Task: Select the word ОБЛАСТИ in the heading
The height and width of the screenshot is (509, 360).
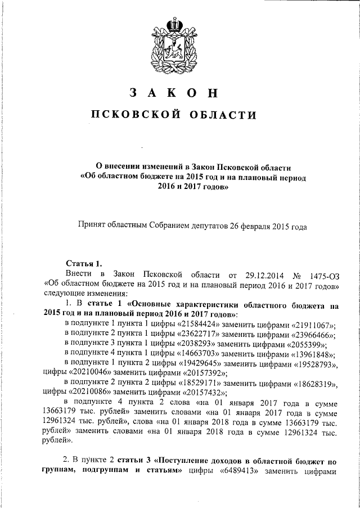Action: tap(224, 115)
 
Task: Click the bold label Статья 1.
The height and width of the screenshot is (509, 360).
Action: tap(84, 263)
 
